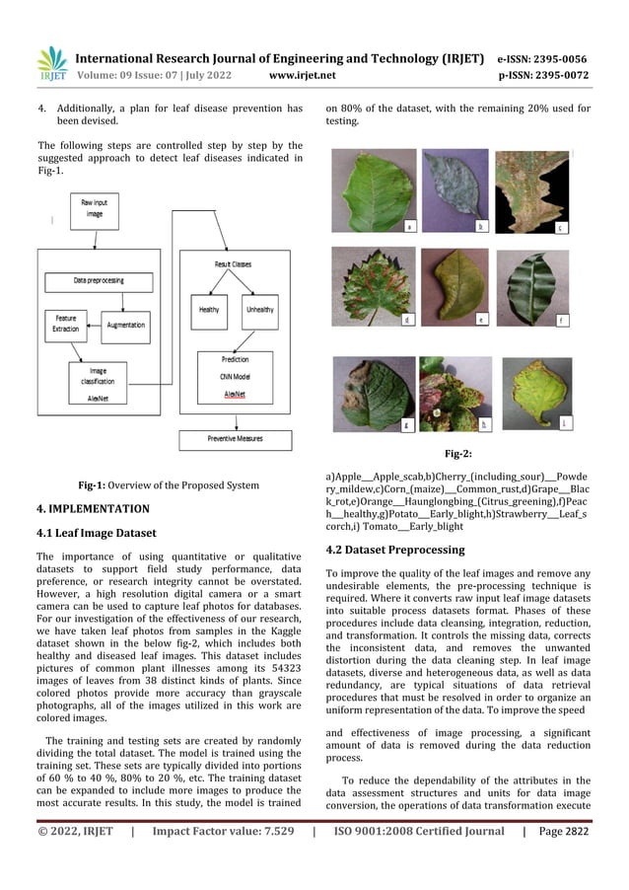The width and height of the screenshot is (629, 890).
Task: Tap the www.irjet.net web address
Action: point(302,73)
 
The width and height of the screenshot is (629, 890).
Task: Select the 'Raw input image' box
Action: point(94,210)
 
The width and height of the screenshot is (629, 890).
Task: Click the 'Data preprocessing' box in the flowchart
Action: point(99,281)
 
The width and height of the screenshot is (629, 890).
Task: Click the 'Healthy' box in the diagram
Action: point(208,310)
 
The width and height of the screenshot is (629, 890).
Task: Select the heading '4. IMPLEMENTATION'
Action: point(89,509)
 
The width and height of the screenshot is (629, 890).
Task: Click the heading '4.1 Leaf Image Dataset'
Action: point(95,534)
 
